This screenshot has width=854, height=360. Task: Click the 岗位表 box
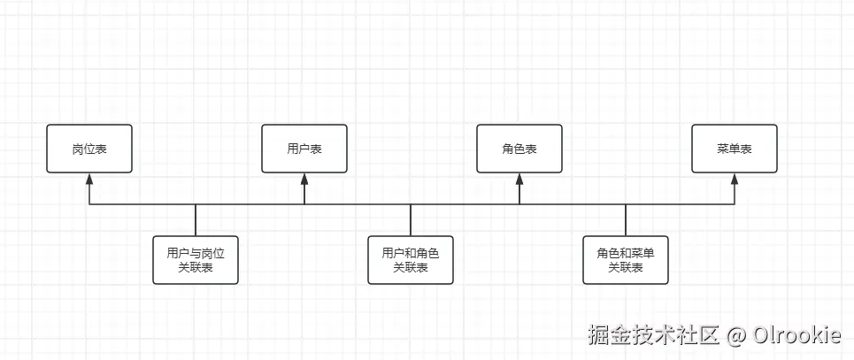(x=89, y=149)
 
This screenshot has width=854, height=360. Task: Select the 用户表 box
(x=304, y=149)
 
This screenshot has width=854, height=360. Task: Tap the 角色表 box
(x=519, y=149)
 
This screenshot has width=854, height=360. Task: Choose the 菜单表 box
(x=735, y=149)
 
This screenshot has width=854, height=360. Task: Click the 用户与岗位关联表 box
(x=196, y=260)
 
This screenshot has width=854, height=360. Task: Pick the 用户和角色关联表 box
(x=411, y=260)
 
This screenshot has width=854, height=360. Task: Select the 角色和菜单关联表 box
(x=626, y=260)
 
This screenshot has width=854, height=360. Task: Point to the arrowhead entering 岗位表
(x=89, y=178)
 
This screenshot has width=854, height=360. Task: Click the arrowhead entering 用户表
(x=304, y=178)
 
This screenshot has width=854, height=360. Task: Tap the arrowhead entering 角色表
(x=519, y=178)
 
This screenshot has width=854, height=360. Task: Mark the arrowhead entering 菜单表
(x=735, y=178)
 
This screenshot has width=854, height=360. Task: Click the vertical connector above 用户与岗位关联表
(x=196, y=220)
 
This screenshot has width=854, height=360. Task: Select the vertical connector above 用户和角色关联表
(x=411, y=220)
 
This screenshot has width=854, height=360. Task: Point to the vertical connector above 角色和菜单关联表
(x=626, y=220)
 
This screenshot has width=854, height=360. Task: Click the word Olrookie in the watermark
(x=796, y=335)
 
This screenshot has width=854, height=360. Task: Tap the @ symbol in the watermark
(x=736, y=336)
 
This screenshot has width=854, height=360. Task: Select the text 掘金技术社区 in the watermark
(x=654, y=335)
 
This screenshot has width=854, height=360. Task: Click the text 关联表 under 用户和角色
(x=411, y=268)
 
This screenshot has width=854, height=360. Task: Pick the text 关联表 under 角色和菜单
(x=626, y=268)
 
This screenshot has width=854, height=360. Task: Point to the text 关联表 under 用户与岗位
(x=196, y=268)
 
